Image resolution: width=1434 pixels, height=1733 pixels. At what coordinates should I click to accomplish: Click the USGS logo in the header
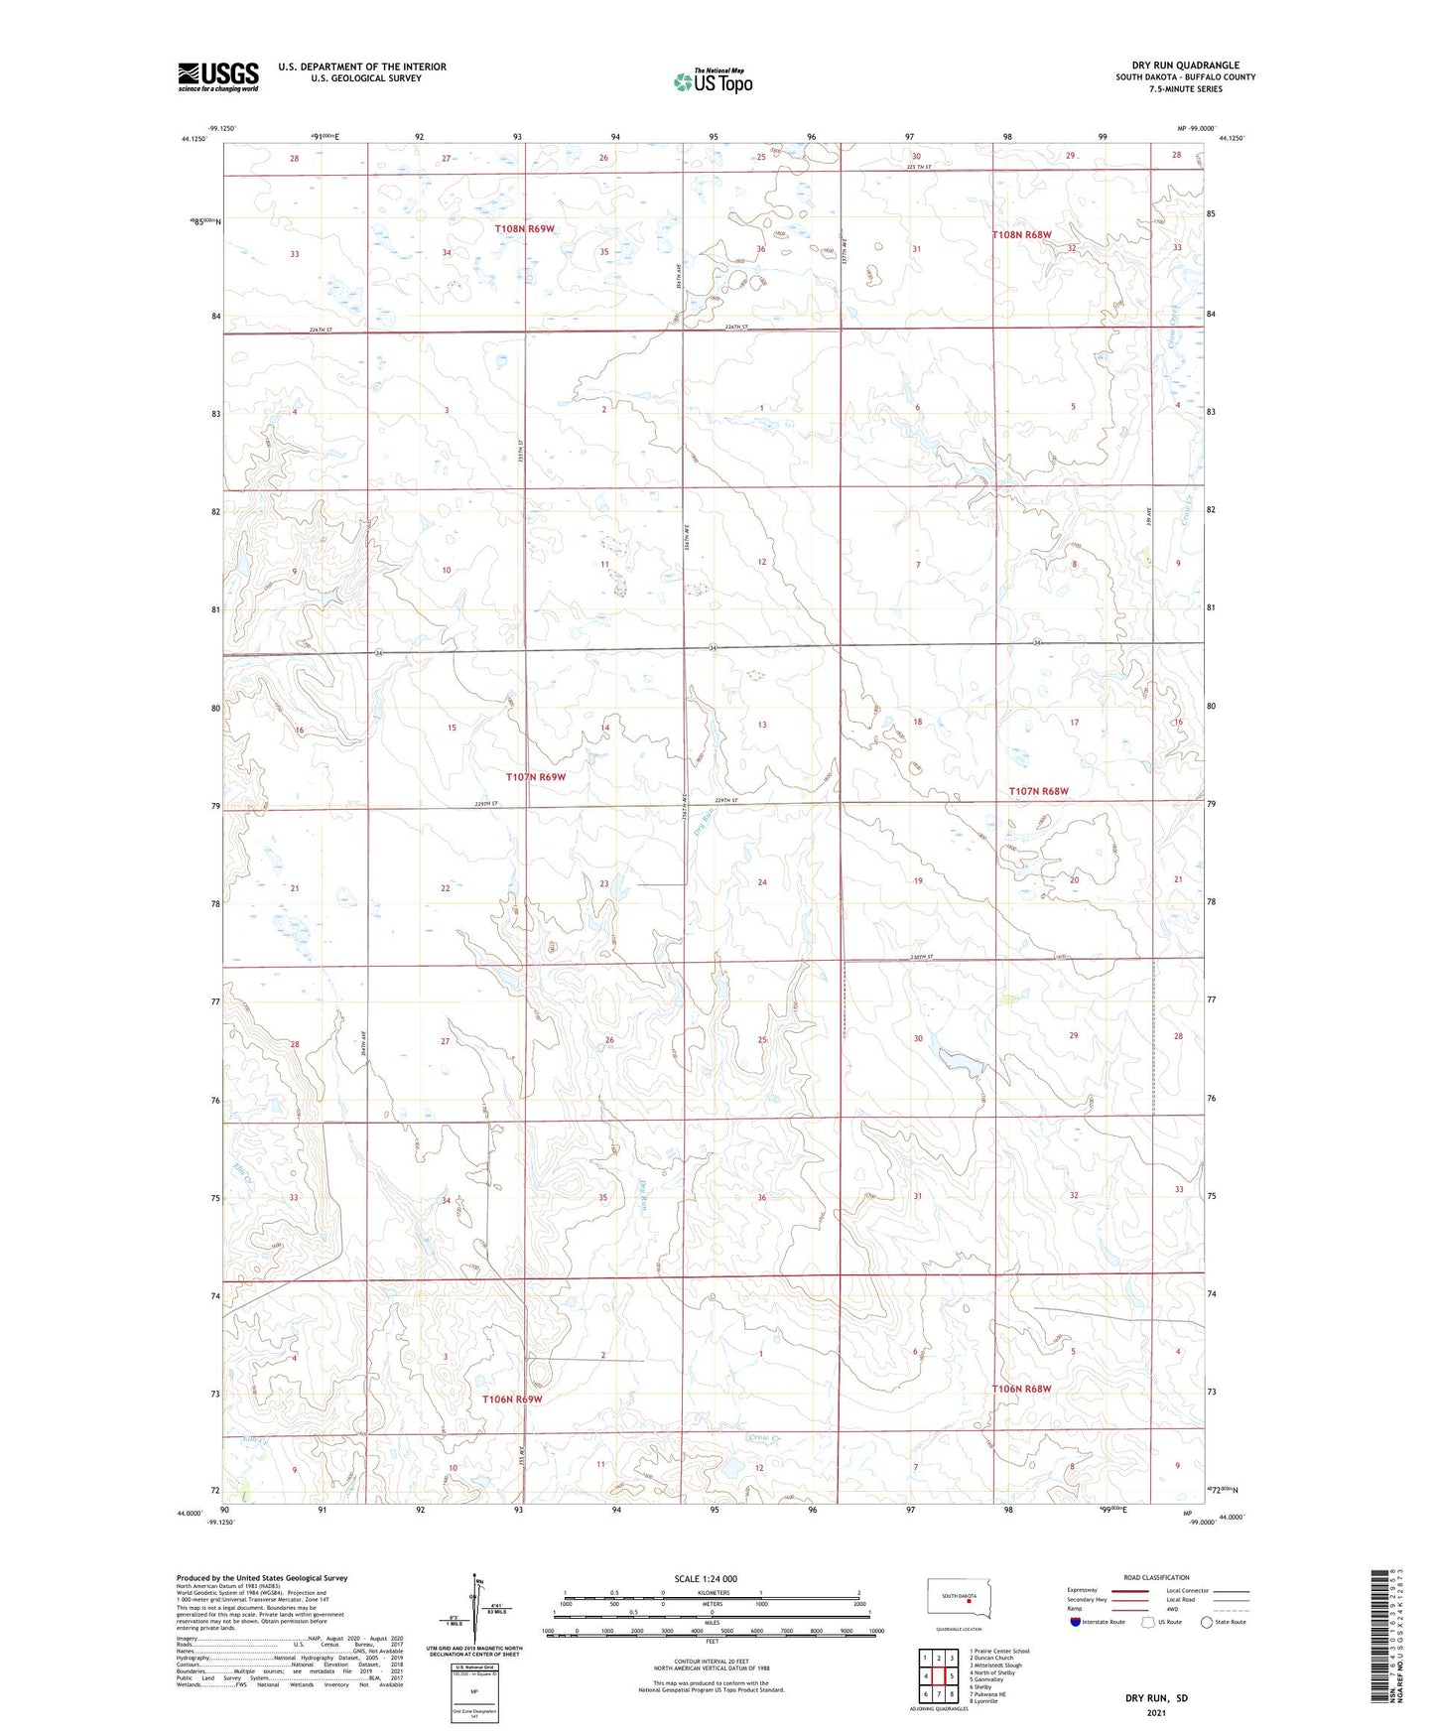[x=217, y=76]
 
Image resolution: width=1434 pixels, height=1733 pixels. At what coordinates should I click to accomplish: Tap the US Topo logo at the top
[x=713, y=81]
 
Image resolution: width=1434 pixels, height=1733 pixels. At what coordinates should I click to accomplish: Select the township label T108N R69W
[x=524, y=229]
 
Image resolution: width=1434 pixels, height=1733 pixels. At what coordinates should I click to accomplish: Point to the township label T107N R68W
[x=1038, y=791]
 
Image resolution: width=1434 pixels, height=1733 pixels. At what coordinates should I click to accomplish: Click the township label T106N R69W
[x=512, y=1399]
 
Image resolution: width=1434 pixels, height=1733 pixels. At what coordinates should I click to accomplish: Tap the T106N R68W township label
[x=1021, y=1389]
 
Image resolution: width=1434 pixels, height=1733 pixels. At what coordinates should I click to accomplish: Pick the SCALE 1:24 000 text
[x=706, y=1578]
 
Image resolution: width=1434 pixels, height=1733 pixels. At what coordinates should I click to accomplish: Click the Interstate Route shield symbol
[x=1076, y=1622]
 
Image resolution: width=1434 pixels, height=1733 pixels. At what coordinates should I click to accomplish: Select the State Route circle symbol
[x=1207, y=1622]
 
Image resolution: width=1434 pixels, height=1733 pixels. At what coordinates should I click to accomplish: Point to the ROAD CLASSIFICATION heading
[x=1156, y=1577]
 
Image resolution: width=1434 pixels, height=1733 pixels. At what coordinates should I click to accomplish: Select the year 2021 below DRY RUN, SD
[x=1156, y=1713]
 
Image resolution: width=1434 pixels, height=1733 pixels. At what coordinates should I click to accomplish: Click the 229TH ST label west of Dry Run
[x=486, y=804]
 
